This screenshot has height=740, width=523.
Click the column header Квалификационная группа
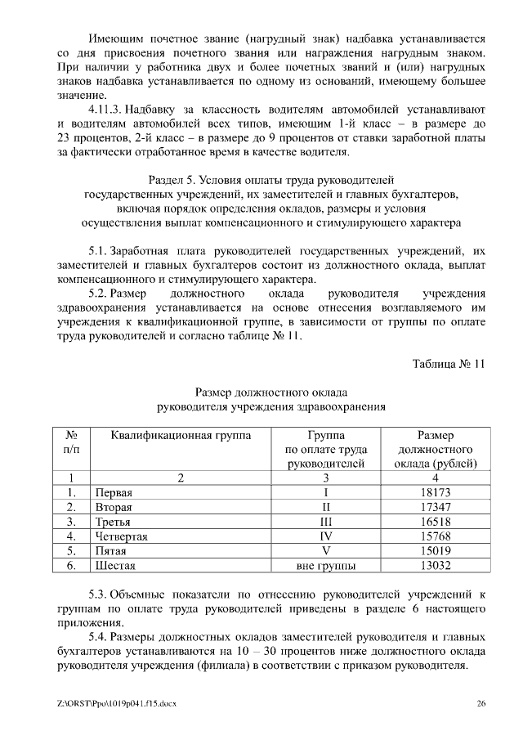[180, 435]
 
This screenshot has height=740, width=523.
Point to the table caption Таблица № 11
[449, 365]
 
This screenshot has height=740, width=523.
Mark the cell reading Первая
[114, 492]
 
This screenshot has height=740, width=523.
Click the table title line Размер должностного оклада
[271, 391]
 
